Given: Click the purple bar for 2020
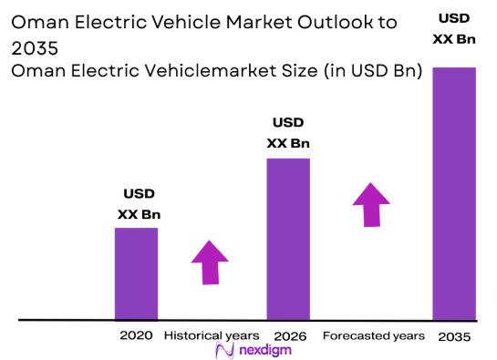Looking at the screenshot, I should [136, 273].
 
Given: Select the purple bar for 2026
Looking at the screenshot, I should [287, 239].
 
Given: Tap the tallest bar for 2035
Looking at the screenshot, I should [454, 193].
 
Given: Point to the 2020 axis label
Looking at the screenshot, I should [136, 335].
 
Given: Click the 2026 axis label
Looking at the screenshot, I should [287, 335].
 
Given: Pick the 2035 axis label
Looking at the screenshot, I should [454, 336].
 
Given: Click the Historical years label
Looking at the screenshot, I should [212, 335].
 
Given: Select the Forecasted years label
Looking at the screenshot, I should [374, 335].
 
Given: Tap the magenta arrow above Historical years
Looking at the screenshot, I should [211, 262].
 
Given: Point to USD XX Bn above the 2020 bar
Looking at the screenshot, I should [139, 204].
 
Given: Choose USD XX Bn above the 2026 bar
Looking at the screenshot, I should [288, 133].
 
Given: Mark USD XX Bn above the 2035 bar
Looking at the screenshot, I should [454, 28].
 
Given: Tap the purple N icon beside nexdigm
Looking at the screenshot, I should [221, 351].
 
